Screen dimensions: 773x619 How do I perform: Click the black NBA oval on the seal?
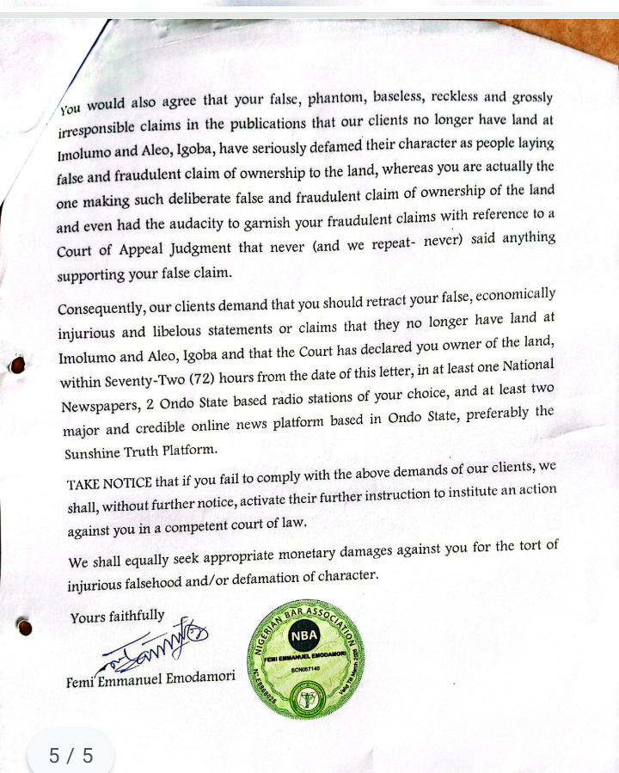click(305, 638)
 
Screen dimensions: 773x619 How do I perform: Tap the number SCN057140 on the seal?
click(306, 667)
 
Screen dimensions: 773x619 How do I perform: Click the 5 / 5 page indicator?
click(70, 755)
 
